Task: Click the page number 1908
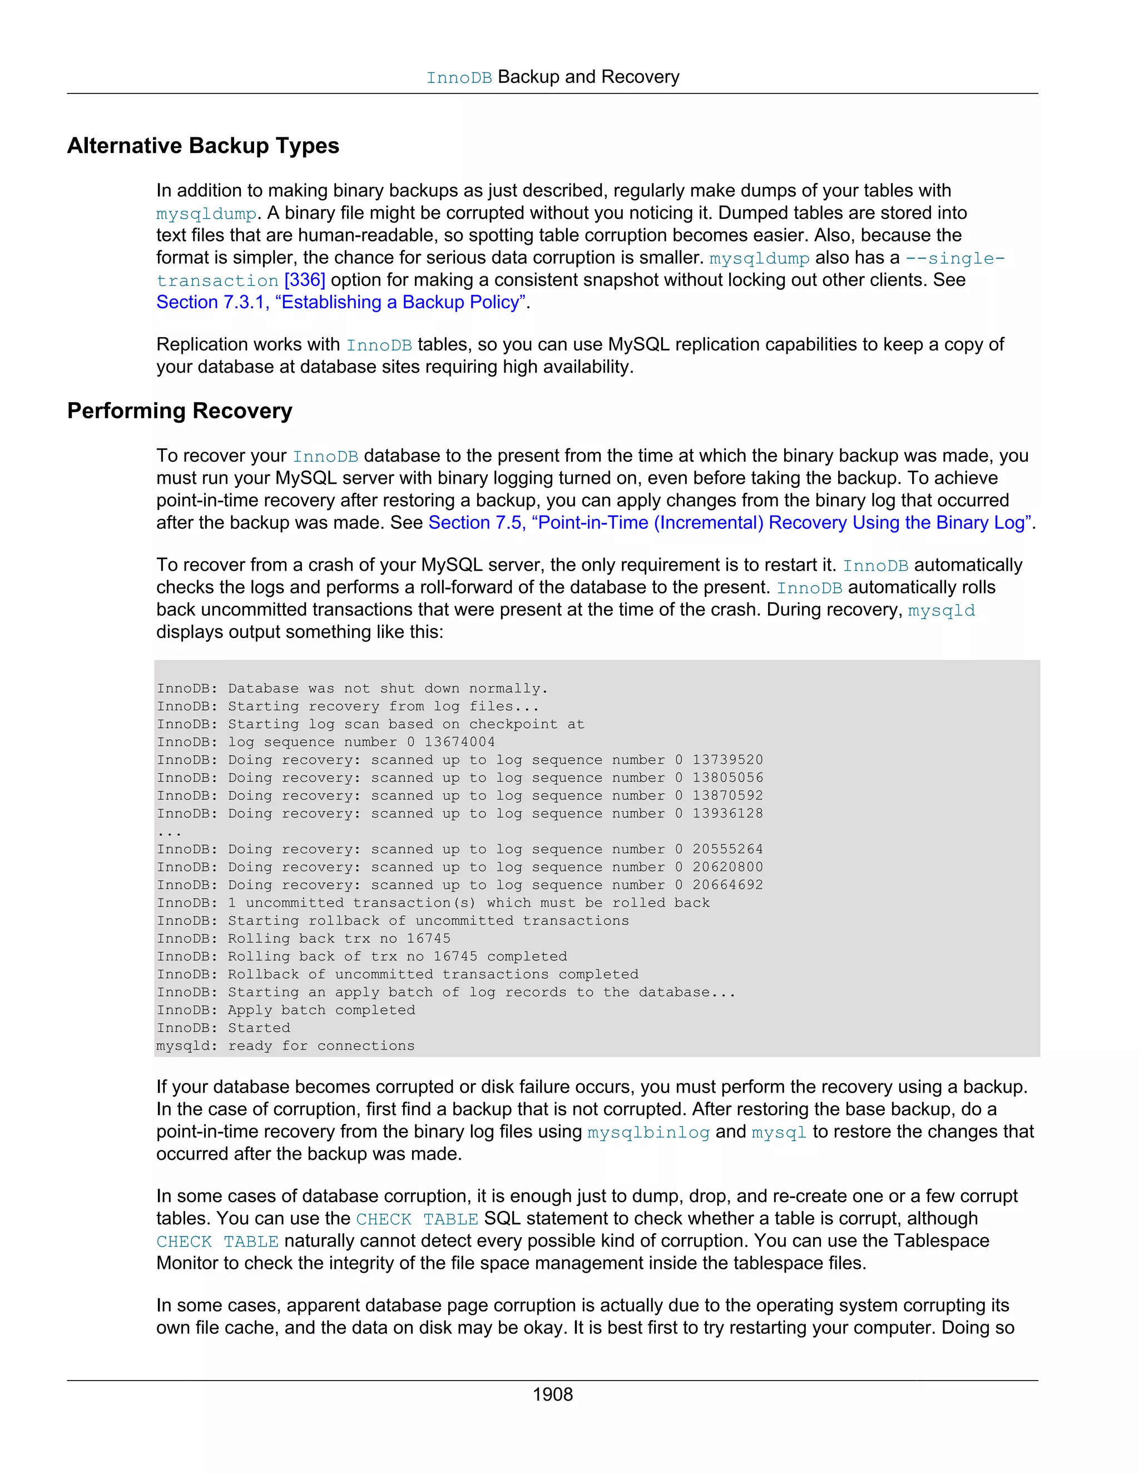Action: click(553, 1394)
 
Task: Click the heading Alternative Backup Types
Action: click(203, 146)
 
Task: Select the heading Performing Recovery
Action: click(180, 410)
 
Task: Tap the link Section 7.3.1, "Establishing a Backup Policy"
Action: click(341, 303)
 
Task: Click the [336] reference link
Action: click(305, 280)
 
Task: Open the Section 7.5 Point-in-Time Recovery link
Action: click(730, 523)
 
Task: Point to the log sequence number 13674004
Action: click(459, 741)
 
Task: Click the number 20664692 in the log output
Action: click(727, 885)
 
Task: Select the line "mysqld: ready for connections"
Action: click(285, 1046)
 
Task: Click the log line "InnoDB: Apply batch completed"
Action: click(286, 1010)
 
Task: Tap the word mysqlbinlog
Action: click(648, 1132)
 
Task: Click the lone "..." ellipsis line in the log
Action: click(169, 832)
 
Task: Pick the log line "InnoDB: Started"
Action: click(224, 1028)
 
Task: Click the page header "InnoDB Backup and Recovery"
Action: click(553, 78)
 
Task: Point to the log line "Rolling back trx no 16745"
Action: click(304, 938)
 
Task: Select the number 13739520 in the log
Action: click(727, 760)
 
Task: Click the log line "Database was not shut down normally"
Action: click(352, 689)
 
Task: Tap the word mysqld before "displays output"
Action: click(942, 611)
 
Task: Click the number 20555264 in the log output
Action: click(727, 849)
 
